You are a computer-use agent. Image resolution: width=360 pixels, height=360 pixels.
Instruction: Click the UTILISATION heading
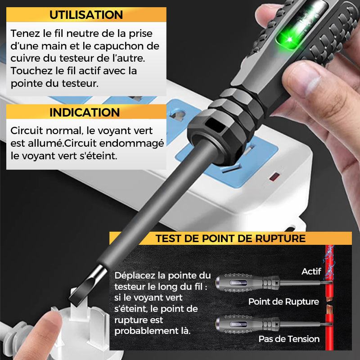pyautogui.click(x=86, y=14)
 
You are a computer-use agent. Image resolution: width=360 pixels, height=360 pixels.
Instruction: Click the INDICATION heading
pyautogui.click(x=85, y=112)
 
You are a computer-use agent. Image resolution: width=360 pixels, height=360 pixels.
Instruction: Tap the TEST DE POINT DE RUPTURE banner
pyautogui.click(x=230, y=238)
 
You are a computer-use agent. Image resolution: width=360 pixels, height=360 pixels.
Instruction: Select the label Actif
pyautogui.click(x=311, y=271)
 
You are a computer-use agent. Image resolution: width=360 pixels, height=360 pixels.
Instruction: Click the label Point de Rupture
pyautogui.click(x=283, y=302)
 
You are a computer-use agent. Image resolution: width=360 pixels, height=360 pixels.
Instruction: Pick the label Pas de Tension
pyautogui.click(x=289, y=339)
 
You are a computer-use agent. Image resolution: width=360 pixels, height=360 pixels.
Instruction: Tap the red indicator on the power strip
pyautogui.click(x=273, y=177)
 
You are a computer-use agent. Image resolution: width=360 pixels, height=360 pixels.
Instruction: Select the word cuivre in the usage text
pyautogui.click(x=25, y=59)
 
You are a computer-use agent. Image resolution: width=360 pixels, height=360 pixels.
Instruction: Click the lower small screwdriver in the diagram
pyautogui.click(x=267, y=322)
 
